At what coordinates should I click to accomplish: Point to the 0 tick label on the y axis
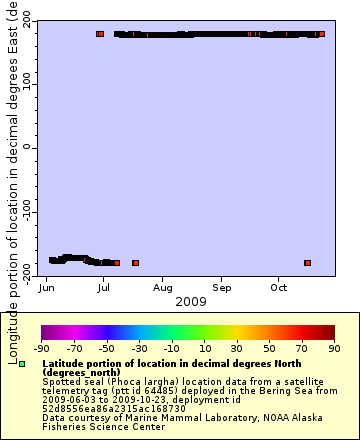click(27, 147)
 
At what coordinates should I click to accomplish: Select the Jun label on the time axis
click(46, 288)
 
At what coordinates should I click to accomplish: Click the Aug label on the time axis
click(162, 288)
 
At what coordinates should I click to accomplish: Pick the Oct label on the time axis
click(279, 288)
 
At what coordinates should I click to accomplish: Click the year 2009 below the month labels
click(190, 301)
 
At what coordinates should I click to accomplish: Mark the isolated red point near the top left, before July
click(100, 34)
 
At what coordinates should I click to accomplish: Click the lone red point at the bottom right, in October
click(307, 263)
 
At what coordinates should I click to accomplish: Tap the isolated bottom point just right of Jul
click(135, 263)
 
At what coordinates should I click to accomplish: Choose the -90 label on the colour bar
click(42, 349)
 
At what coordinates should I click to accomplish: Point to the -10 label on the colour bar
click(170, 349)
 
